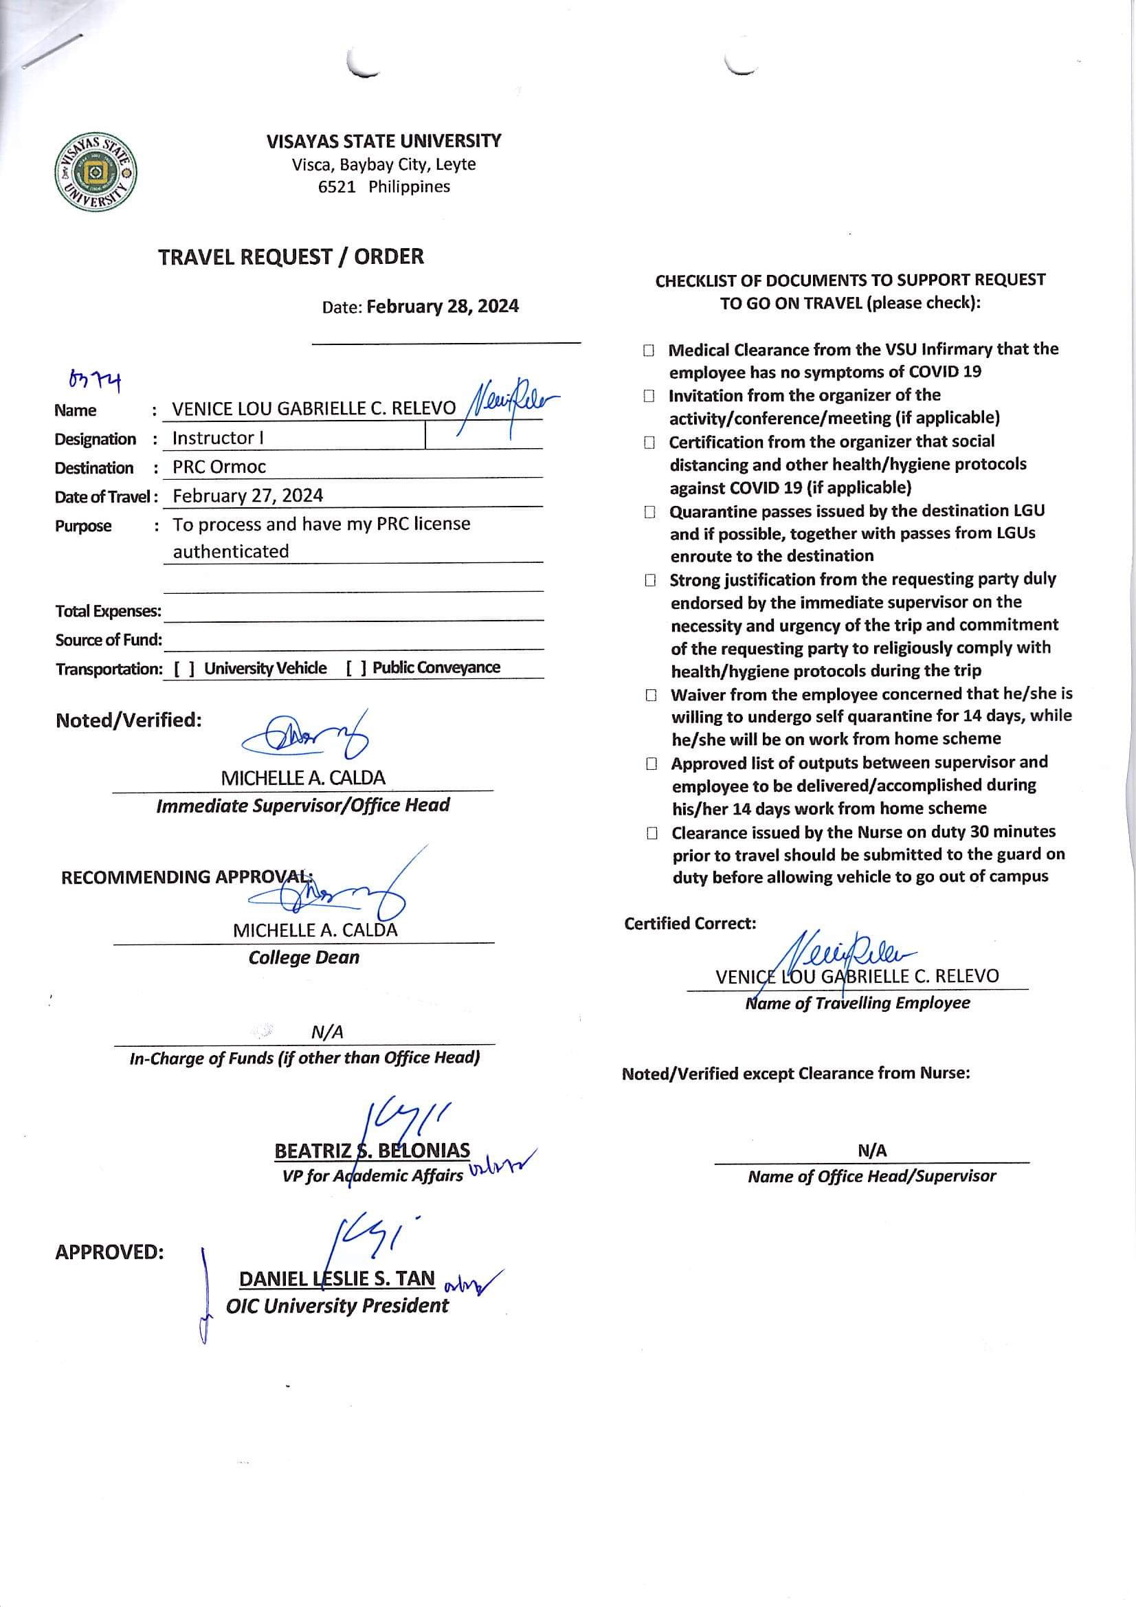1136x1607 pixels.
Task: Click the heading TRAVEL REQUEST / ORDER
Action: [291, 257]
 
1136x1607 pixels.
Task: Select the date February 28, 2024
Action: [443, 307]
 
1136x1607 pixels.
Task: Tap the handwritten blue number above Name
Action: [94, 381]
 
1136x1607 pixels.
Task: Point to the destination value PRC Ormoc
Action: [219, 467]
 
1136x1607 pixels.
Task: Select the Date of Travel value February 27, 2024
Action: [248, 496]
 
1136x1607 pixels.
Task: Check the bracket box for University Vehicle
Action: [184, 668]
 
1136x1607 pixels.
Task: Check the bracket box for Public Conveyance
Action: [355, 667]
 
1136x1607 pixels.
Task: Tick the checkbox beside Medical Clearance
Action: [649, 350]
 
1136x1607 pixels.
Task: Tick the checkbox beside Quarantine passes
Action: [650, 512]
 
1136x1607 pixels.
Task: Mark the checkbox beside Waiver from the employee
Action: [651, 695]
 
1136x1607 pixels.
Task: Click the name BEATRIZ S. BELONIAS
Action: [372, 1151]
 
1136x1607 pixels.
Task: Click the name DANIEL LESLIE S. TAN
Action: [337, 1278]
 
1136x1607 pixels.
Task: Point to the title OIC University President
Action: [337, 1305]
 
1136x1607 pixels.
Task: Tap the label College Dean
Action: [303, 957]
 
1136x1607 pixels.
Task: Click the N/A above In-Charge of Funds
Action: [327, 1032]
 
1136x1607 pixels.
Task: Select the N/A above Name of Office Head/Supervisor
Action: [871, 1150]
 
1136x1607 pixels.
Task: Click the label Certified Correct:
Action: [689, 923]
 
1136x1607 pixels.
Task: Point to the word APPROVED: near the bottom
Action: [109, 1252]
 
